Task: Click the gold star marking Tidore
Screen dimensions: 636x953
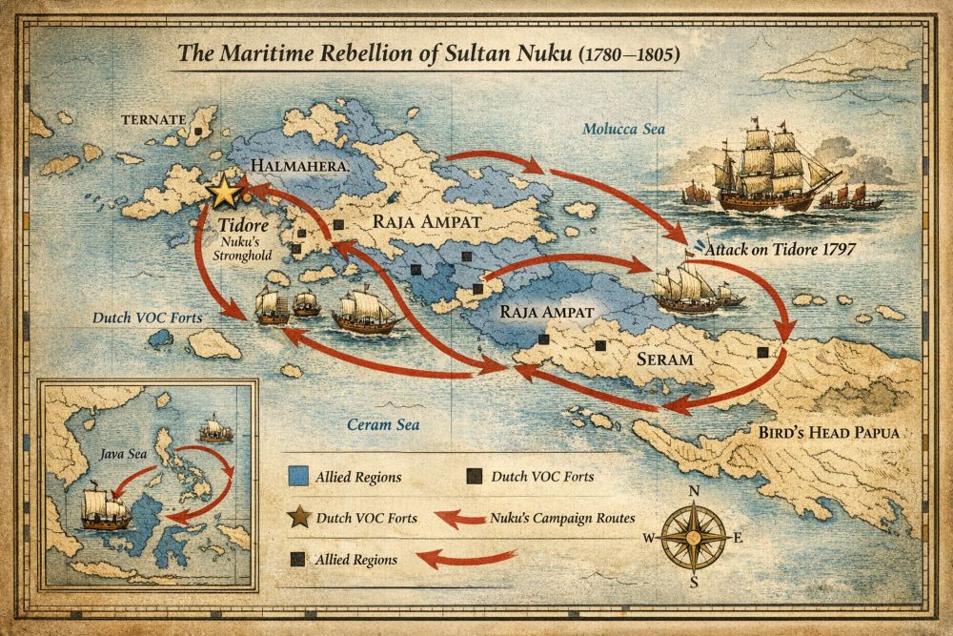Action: [x=225, y=192]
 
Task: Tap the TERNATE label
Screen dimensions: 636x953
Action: [x=152, y=120]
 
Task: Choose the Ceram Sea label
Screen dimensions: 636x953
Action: [x=380, y=423]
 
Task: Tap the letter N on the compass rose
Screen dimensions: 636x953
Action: [x=695, y=492]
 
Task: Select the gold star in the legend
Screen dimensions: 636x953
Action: [x=298, y=518]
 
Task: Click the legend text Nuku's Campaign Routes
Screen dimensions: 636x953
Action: [x=561, y=518]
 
